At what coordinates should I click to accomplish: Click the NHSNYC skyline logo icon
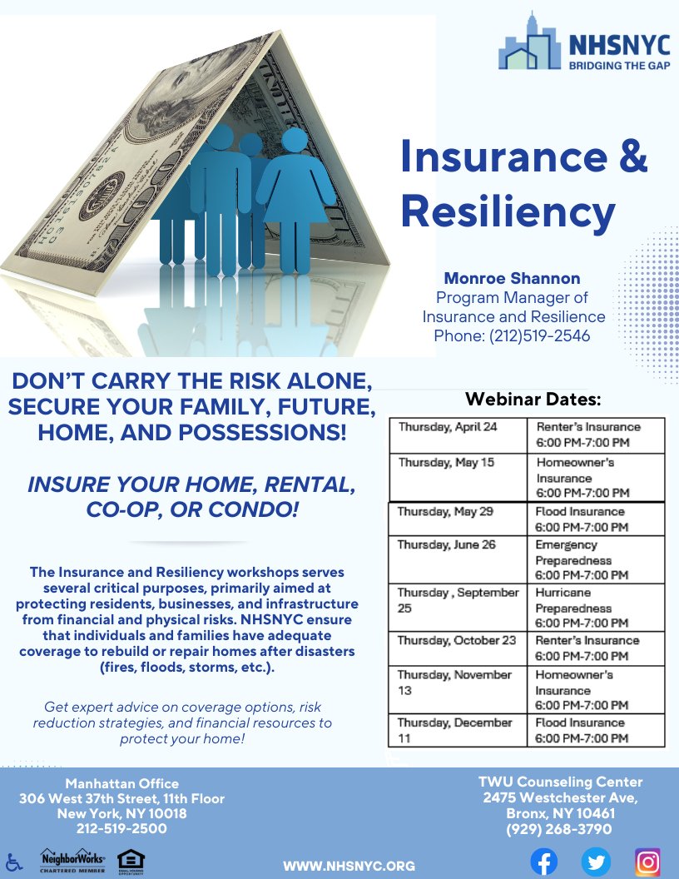tap(528, 42)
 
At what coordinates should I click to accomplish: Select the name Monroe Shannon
tap(513, 278)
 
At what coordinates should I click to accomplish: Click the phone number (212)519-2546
tap(512, 336)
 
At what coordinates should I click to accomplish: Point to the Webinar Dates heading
tap(533, 400)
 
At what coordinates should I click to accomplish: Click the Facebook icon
tap(544, 862)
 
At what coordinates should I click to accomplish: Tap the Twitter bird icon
tap(596, 862)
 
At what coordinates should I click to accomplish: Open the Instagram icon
tap(647, 862)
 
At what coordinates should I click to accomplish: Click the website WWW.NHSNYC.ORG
tap(349, 866)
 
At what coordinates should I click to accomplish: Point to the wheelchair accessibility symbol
tap(12, 862)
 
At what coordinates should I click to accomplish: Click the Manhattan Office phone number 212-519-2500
tap(121, 829)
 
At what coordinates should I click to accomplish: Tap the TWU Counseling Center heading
tap(559, 782)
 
